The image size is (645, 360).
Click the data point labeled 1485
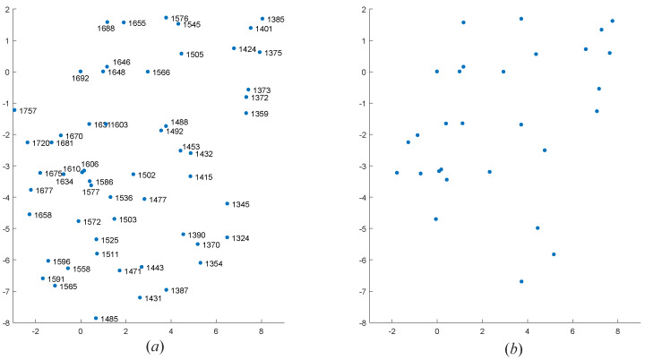[x=96, y=318]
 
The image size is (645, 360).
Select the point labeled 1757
[x=14, y=109]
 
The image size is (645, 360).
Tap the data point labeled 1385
[x=262, y=19]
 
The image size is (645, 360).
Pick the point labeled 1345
[x=228, y=203]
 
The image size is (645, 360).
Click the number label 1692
[x=81, y=79]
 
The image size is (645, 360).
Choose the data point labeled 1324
[x=227, y=237]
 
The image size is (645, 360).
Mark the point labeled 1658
[x=30, y=214]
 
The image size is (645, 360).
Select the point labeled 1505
[x=181, y=54]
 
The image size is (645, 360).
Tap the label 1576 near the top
[x=179, y=18]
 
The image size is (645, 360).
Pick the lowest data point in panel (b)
[x=521, y=281]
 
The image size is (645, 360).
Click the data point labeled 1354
[x=201, y=262]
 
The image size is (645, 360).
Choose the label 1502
[x=147, y=176]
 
